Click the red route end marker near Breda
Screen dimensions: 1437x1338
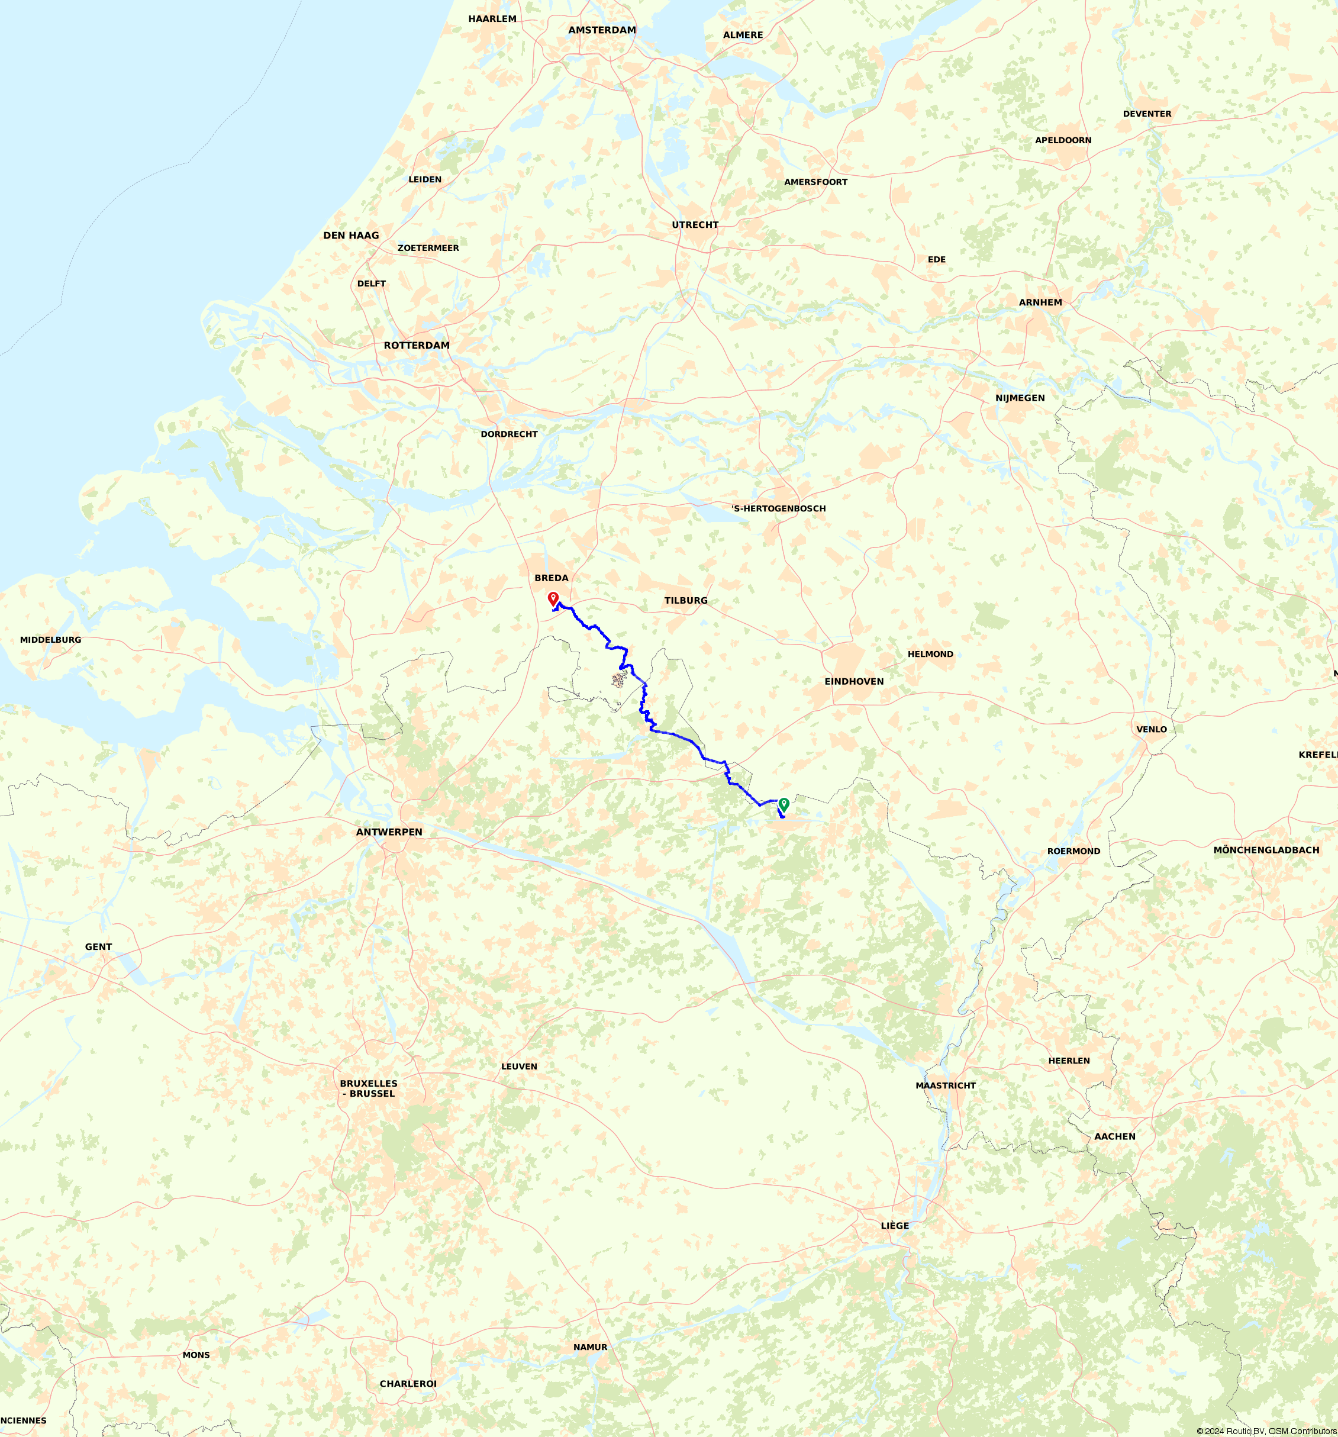[x=553, y=598]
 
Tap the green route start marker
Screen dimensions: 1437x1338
[x=784, y=803]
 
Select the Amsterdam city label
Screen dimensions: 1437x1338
[x=602, y=30]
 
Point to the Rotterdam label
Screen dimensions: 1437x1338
[x=417, y=346]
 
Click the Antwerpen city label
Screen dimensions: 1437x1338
[x=389, y=832]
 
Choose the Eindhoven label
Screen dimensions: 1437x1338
[x=854, y=682]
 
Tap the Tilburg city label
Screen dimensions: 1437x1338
[x=686, y=601]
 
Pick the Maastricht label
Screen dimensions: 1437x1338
[x=946, y=1085]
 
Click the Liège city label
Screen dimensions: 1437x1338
[x=895, y=1226]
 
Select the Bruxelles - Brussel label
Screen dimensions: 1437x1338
[x=369, y=1088]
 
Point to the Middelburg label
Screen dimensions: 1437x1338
[x=51, y=640]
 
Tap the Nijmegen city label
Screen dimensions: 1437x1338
[x=1020, y=398]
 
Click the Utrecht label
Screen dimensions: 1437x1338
[x=695, y=225]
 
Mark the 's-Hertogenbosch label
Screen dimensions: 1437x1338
[x=779, y=509]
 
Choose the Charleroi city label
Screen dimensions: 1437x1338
[x=408, y=1384]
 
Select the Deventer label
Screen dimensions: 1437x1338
[x=1147, y=114]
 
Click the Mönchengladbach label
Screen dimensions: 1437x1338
[x=1266, y=850]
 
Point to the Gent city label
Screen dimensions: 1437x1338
[x=98, y=947]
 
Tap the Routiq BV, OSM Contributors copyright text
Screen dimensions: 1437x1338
[x=1266, y=1431]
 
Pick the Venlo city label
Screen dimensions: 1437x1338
[x=1152, y=729]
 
